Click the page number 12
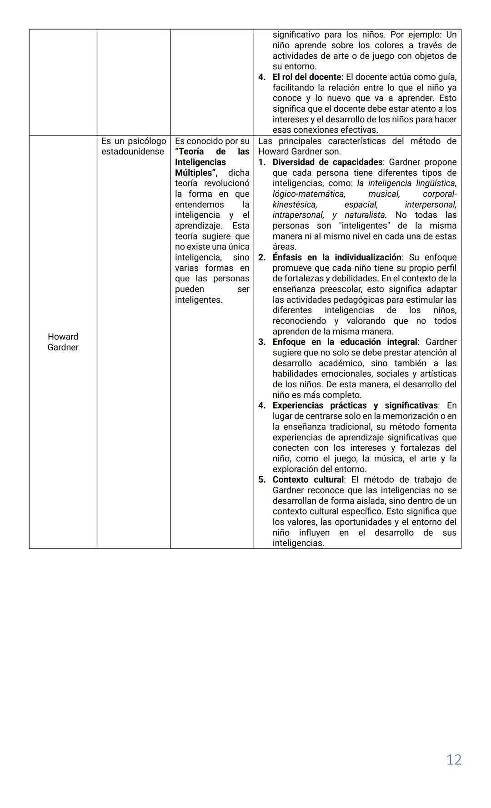click(x=454, y=759)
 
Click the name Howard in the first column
click(x=63, y=337)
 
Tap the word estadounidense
click(x=133, y=152)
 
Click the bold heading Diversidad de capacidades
click(x=327, y=162)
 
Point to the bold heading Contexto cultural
click(x=308, y=480)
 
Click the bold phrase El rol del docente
click(x=308, y=77)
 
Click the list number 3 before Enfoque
click(x=262, y=342)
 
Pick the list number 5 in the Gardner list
click(x=262, y=480)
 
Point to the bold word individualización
click(x=368, y=258)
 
